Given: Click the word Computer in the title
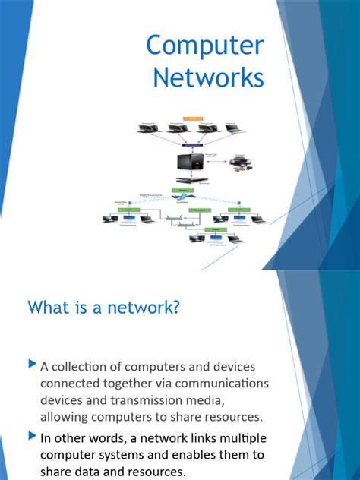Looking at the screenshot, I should pos(205,46).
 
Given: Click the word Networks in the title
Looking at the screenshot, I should pos(208,78).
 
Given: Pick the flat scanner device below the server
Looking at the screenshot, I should pos(187,182).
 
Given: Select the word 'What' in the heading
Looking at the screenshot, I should pos(49,308).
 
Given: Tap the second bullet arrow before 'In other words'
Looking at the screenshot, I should pos(31,437).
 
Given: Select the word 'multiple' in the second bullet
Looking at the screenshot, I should pos(235,438).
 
